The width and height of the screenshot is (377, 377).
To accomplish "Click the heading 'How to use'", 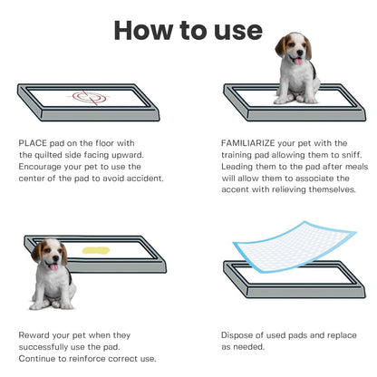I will (x=188, y=29).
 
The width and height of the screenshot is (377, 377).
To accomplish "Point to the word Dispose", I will (x=238, y=334).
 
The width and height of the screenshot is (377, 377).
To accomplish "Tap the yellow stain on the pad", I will (x=95, y=248).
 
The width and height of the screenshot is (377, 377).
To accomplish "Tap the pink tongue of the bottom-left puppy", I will (x=54, y=267).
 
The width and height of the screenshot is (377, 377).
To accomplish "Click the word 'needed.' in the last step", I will (x=248, y=346).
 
